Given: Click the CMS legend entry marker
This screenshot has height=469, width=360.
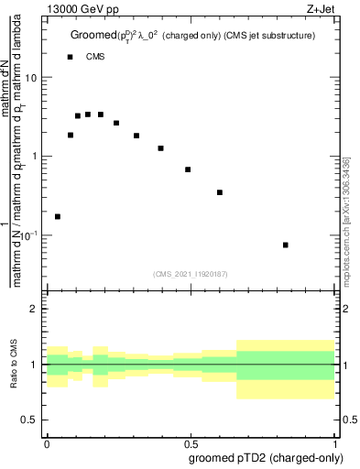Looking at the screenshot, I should pyautogui.click(x=70, y=58).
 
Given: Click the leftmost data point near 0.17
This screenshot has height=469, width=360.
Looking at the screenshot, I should pyautogui.click(x=58, y=216).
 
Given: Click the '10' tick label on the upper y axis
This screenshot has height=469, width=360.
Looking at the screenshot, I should pyautogui.click(x=32, y=78).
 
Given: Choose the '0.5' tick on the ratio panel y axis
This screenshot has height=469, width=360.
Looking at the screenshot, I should pyautogui.click(x=30, y=420).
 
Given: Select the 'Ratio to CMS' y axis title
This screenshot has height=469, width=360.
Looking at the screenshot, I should pyautogui.click(x=14, y=365).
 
